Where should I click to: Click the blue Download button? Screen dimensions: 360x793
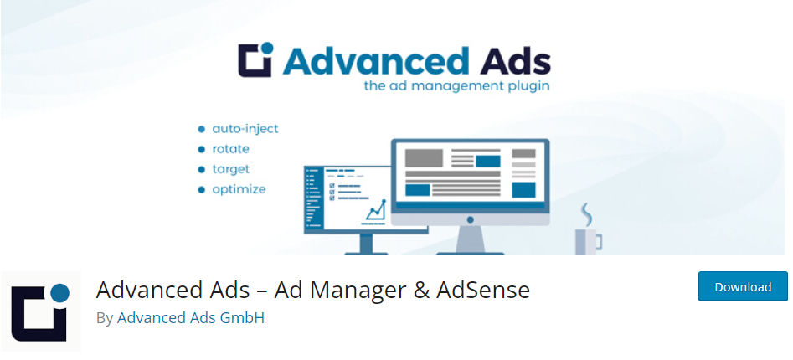pyautogui.click(x=743, y=286)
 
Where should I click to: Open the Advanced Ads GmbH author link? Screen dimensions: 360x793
pyautogui.click(x=191, y=318)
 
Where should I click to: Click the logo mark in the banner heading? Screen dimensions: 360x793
pyautogui.click(x=255, y=61)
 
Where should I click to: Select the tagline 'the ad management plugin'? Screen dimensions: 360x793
pyautogui.click(x=456, y=85)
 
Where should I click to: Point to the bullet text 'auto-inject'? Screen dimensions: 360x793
pyautogui.click(x=245, y=129)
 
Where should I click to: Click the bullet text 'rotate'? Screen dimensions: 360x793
pyautogui.click(x=230, y=149)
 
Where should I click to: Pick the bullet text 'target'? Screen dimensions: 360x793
pyautogui.click(x=230, y=169)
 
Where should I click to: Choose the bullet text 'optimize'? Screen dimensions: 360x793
pyautogui.click(x=239, y=189)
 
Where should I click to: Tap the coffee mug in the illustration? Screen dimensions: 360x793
pyautogui.click(x=589, y=239)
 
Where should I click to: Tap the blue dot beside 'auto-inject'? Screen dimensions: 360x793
pyautogui.click(x=201, y=130)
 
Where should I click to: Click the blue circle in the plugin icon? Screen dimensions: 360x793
pyautogui.click(x=59, y=293)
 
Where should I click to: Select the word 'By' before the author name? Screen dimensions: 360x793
pyautogui.click(x=105, y=318)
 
